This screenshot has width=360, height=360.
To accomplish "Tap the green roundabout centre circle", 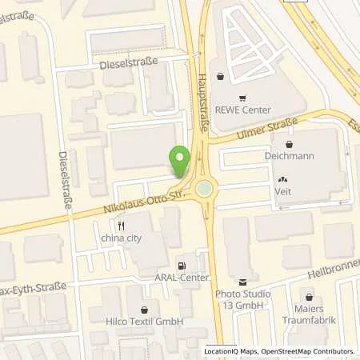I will pos(206,190).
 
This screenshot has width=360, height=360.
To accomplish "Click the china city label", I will pos(121,238).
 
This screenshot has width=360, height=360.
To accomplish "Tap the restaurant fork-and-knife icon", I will pos(121,226).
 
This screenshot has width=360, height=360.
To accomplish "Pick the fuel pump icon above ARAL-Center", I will pos(182,265).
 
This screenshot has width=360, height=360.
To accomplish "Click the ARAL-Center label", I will pos(183,278).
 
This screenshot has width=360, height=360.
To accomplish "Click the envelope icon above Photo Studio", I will pos(243,281).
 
